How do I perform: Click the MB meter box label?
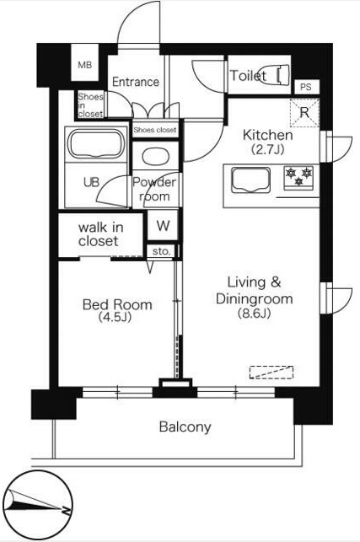(x=84, y=65)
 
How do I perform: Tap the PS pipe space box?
(x=306, y=87)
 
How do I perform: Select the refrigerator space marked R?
(x=304, y=113)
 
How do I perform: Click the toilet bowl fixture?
(x=282, y=75)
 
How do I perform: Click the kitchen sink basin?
(x=250, y=180)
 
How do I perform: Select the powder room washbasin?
(x=156, y=157)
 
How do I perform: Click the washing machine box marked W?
(x=163, y=225)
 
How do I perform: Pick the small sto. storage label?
(x=161, y=251)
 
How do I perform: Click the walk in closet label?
(x=100, y=234)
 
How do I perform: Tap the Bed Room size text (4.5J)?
(x=116, y=317)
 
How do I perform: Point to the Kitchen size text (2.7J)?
(x=267, y=149)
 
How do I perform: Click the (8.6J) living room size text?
(x=254, y=313)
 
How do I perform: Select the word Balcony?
(x=185, y=427)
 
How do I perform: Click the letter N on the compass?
(x=66, y=510)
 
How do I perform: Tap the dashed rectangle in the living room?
(x=271, y=373)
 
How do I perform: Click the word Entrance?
(x=136, y=82)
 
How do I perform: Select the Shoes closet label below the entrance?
(x=155, y=130)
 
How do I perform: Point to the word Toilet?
(x=248, y=76)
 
